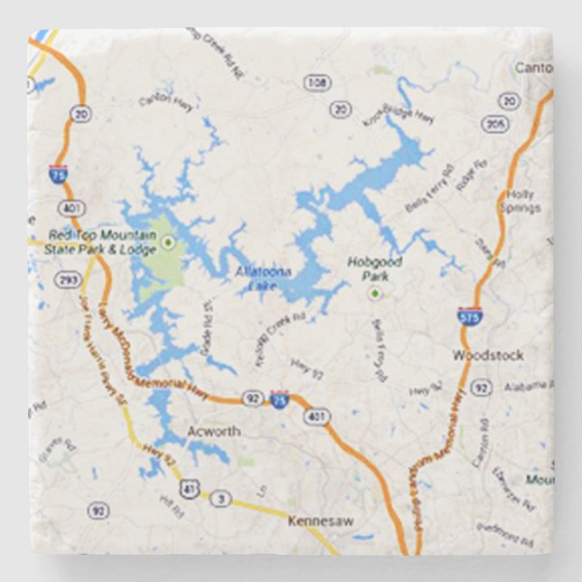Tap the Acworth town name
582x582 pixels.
[213, 431]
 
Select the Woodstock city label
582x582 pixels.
[488, 355]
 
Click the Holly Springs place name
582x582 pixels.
[521, 201]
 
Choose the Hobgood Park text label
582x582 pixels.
[374, 268]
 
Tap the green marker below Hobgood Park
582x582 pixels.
[374, 294]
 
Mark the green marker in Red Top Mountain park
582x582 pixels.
[168, 241]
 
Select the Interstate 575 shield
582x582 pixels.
[469, 314]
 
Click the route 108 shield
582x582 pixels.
[316, 83]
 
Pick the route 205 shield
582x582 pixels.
[495, 124]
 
